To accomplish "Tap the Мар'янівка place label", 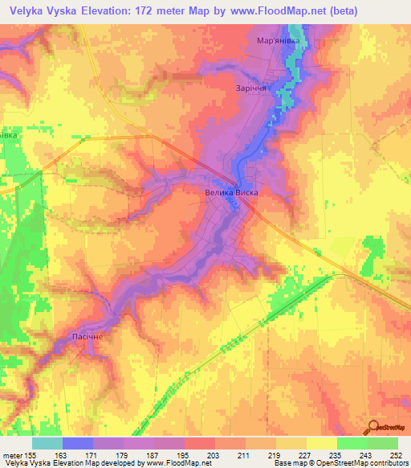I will (278, 40).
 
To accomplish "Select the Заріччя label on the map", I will (251, 89).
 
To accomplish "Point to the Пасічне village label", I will (87, 336).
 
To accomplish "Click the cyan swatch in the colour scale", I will (47, 443).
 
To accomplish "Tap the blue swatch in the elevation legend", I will (78, 443).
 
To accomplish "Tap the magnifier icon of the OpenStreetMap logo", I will (372, 426).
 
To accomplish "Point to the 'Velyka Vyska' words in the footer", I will (26, 464).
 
